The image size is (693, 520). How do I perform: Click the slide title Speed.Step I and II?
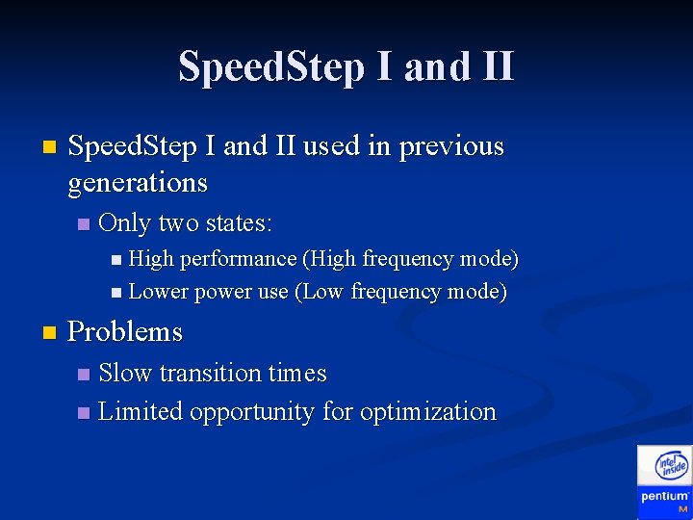point(346,67)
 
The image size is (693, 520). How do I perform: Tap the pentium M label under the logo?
point(665,500)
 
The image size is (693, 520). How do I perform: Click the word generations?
point(138,182)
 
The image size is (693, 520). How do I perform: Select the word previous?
point(451,146)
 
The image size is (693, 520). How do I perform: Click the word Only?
point(124,223)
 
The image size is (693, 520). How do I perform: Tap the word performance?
point(238,259)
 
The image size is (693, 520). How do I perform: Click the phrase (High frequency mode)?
point(411,259)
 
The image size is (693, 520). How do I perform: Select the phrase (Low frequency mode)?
point(400,292)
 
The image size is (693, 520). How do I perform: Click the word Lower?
point(159,292)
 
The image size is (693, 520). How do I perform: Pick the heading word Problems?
point(125,332)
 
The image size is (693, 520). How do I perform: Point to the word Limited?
point(141,412)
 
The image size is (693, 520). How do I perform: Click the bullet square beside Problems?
point(49,333)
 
